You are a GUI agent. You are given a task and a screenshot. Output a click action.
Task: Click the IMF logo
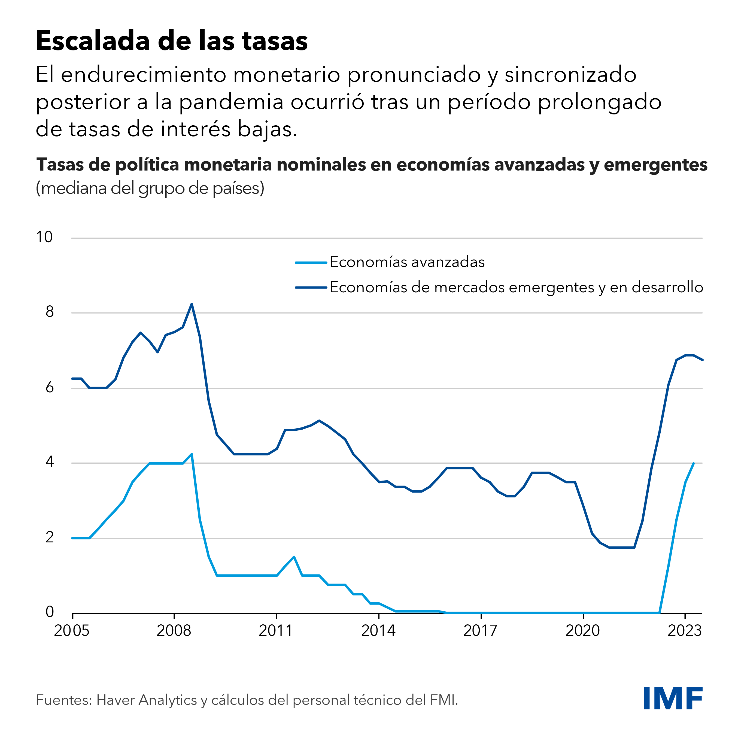[x=673, y=698]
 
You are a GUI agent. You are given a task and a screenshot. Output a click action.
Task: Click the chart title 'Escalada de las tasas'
[x=172, y=41]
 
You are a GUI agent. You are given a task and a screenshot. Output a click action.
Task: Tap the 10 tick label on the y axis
[x=44, y=237]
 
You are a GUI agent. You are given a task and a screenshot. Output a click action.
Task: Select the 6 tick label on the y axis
[x=50, y=387]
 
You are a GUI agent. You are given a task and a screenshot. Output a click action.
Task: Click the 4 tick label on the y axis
[x=50, y=462]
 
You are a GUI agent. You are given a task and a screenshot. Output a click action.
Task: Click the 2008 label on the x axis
[x=174, y=631]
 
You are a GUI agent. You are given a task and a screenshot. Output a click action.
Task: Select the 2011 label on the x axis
[x=276, y=631]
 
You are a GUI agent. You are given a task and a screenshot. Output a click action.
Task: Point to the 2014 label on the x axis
[x=378, y=631]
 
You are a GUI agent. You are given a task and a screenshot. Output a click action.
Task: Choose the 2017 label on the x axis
[x=481, y=631]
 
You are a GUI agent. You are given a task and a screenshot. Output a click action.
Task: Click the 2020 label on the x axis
[x=582, y=631]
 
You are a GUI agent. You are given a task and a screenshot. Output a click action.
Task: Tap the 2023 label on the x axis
[x=685, y=631]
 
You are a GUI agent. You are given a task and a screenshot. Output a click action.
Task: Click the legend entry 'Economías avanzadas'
[x=407, y=262]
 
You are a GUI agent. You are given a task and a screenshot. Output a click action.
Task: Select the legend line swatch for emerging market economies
[x=311, y=287]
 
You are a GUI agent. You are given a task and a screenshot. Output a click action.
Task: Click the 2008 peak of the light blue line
[x=191, y=454]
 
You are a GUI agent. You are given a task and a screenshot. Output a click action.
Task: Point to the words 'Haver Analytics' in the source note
[x=147, y=700]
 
